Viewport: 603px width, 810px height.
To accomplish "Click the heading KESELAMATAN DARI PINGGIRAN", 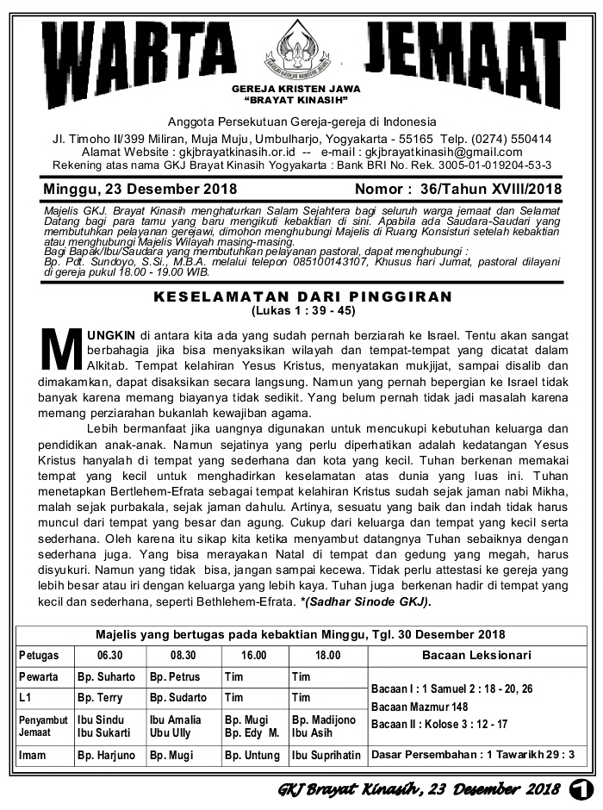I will [302, 296].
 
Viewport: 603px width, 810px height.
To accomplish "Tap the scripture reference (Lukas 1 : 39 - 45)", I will [302, 310].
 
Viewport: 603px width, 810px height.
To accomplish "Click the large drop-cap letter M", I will [62, 349].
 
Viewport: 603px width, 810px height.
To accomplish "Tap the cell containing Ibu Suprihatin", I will [326, 756].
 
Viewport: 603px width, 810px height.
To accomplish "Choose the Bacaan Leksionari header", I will [476, 655].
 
